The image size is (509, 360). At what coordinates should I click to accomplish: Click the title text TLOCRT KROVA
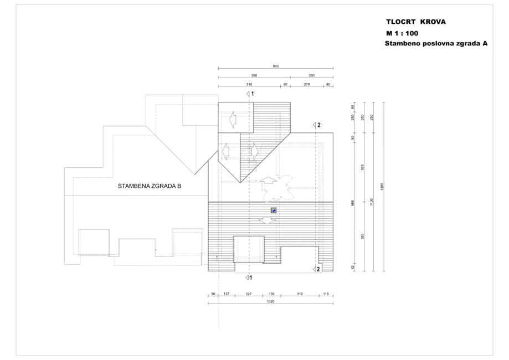(415, 23)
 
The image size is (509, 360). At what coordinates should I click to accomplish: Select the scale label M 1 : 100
(402, 33)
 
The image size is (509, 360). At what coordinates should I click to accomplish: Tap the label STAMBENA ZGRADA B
(150, 187)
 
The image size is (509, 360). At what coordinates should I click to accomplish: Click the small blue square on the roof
(273, 210)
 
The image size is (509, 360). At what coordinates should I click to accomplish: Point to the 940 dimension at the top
(276, 66)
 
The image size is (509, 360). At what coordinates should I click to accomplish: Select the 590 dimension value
(254, 75)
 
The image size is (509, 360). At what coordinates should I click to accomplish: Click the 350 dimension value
(312, 75)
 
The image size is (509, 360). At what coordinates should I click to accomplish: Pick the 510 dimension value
(249, 84)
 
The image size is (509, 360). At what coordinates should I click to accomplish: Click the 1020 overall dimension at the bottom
(270, 302)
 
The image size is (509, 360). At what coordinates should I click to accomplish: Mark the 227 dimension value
(248, 294)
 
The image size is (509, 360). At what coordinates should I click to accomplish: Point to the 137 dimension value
(225, 294)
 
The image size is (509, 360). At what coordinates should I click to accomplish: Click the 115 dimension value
(326, 294)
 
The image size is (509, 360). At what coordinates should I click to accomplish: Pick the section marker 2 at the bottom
(317, 269)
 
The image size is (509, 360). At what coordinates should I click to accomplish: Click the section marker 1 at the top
(251, 94)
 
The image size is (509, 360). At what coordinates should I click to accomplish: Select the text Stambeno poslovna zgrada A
(436, 43)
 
